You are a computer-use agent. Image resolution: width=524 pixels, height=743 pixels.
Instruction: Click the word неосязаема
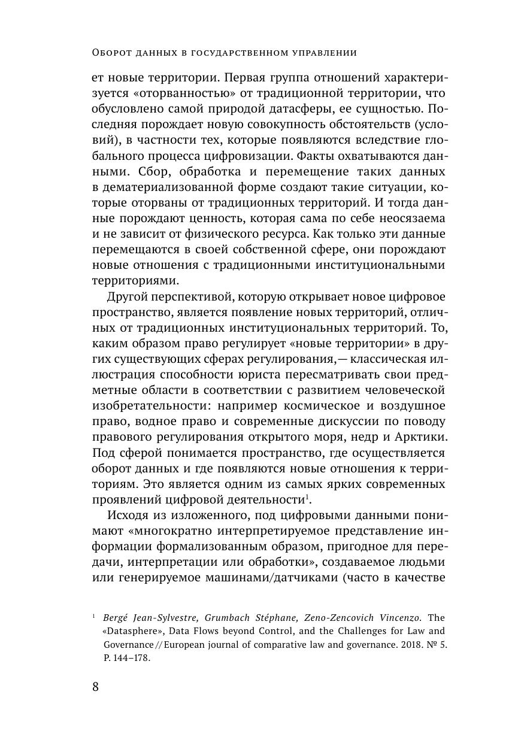(411, 219)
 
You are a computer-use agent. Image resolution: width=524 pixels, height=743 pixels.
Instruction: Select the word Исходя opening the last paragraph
(128, 515)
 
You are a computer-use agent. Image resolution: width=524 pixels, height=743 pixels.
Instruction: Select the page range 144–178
(132, 657)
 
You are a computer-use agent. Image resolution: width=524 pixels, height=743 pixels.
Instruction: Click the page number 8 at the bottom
(96, 687)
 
